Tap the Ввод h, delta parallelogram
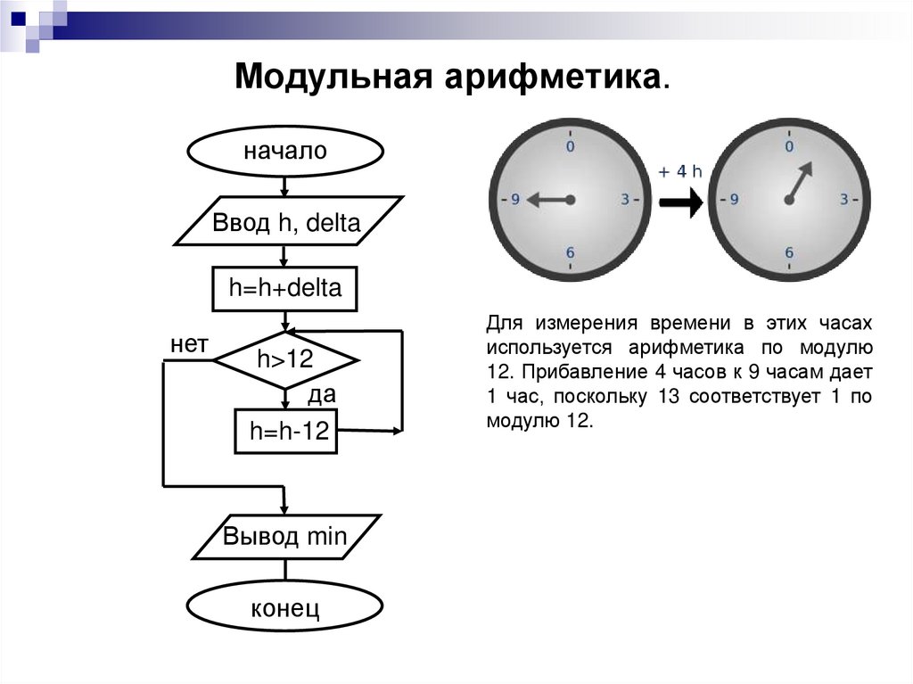[x=286, y=222]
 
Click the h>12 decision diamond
[x=285, y=359]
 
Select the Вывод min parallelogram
[x=285, y=537]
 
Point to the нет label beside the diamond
[x=189, y=344]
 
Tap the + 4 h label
[x=681, y=172]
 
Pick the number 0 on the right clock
[x=789, y=145]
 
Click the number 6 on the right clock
[x=789, y=252]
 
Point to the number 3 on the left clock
[x=625, y=199]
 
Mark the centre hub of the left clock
[x=571, y=199]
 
